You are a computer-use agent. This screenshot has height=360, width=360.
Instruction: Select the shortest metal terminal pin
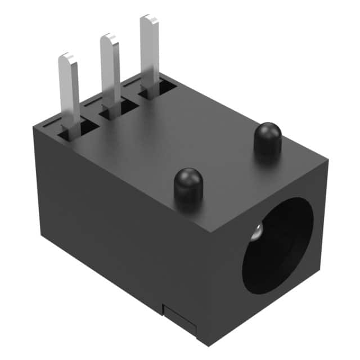(70, 90)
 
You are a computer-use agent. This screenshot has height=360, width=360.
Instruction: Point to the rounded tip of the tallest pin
(149, 20)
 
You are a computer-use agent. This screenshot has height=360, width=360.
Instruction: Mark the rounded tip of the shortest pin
(67, 58)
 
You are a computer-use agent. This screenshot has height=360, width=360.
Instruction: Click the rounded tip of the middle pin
(108, 39)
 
